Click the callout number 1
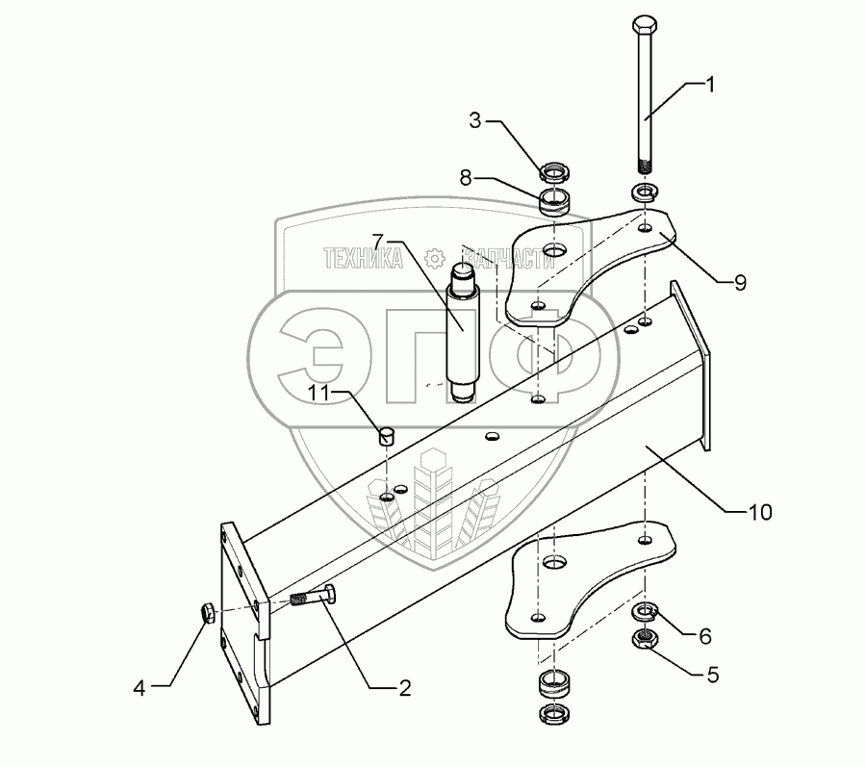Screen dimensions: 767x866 [710, 85]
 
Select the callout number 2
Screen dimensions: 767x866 [403, 688]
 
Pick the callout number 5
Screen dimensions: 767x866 [712, 675]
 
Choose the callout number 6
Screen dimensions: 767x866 [704, 636]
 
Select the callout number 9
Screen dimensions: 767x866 [740, 282]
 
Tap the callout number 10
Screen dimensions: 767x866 [760, 512]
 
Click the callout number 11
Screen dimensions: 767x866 [318, 393]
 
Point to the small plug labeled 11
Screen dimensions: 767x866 [386, 437]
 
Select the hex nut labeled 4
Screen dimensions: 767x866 [208, 611]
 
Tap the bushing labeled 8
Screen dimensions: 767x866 [555, 202]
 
